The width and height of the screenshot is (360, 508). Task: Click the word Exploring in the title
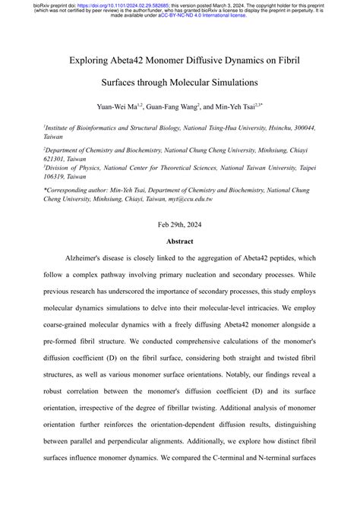coord(92,57)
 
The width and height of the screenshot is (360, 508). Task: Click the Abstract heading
coord(179,241)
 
